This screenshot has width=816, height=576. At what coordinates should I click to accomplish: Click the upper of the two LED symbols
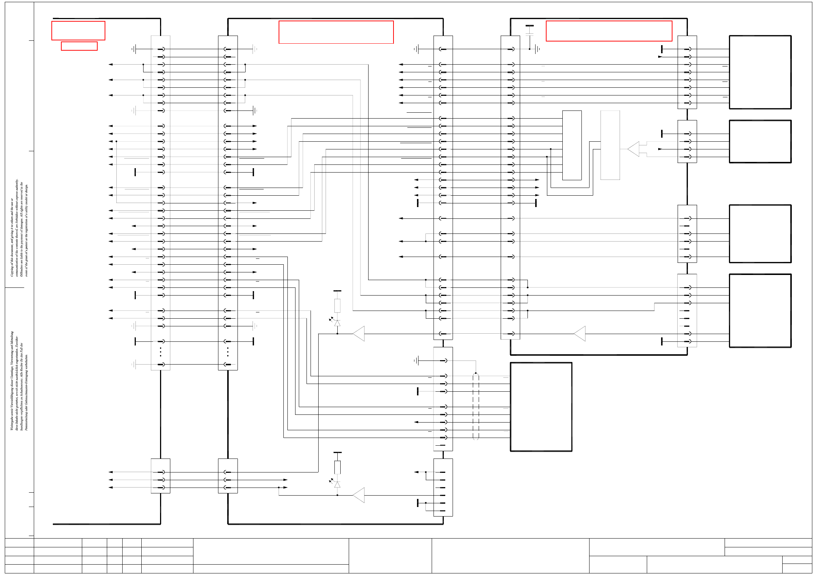pyautogui.click(x=337, y=323)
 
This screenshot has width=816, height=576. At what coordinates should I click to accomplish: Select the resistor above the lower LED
pyautogui.click(x=337, y=467)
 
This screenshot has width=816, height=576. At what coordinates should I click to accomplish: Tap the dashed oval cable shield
pyautogui.click(x=476, y=406)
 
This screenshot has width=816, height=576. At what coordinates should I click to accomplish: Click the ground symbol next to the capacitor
pyautogui.click(x=537, y=49)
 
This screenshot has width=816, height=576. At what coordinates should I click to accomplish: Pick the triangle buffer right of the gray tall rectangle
pyautogui.click(x=634, y=149)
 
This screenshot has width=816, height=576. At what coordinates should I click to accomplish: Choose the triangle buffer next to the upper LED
pyautogui.click(x=359, y=334)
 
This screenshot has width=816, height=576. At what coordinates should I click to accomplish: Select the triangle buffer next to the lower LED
pyautogui.click(x=359, y=495)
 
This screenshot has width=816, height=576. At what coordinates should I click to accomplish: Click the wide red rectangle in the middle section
pyautogui.click(x=336, y=32)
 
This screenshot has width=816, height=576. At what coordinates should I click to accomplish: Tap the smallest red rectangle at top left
pyautogui.click(x=79, y=46)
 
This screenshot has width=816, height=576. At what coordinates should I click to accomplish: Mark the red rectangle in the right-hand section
pyautogui.click(x=609, y=31)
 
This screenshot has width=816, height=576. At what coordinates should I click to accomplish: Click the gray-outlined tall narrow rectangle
pyautogui.click(x=610, y=145)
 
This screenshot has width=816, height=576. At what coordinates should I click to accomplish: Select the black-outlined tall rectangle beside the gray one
pyautogui.click(x=572, y=145)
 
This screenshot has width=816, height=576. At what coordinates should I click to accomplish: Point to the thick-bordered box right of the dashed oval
pyautogui.click(x=541, y=407)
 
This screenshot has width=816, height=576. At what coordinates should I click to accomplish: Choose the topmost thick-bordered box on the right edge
pyautogui.click(x=760, y=72)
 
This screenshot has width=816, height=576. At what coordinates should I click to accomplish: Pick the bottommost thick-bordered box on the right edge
pyautogui.click(x=760, y=311)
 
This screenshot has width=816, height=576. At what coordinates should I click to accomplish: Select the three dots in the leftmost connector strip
pyautogui.click(x=160, y=352)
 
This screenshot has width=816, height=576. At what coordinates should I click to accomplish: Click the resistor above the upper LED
pyautogui.click(x=337, y=305)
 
